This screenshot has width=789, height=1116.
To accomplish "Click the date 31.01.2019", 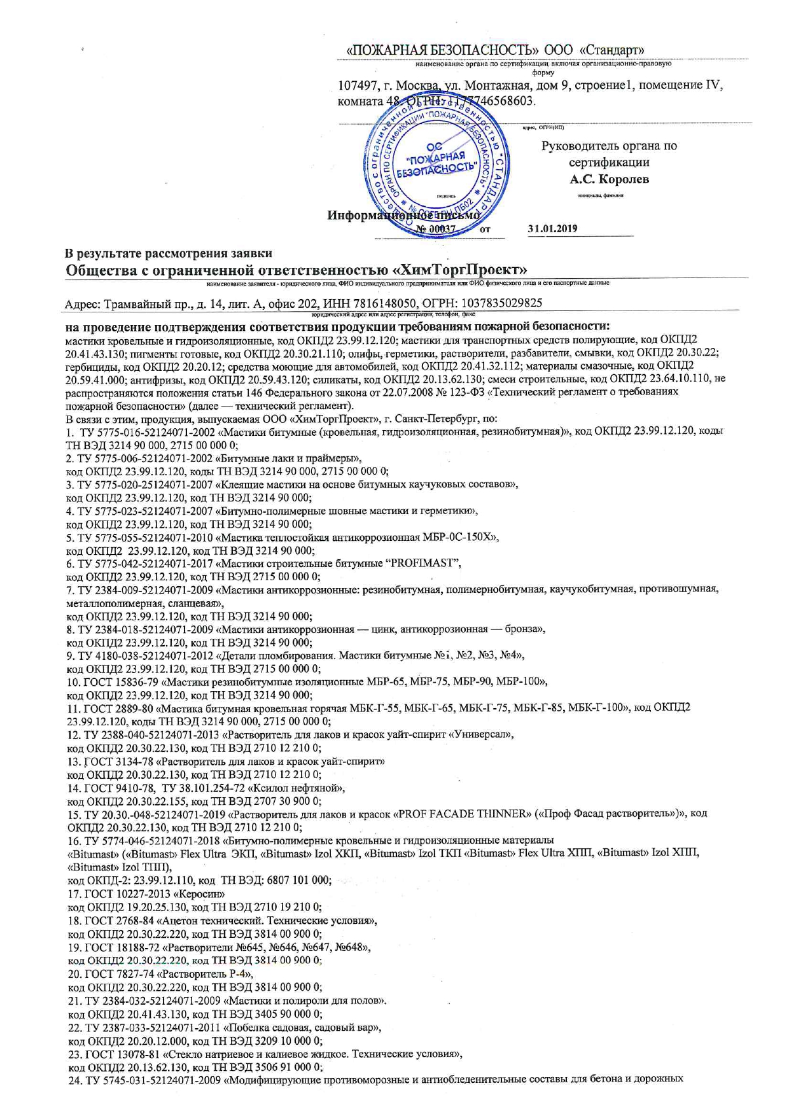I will coord(552,228).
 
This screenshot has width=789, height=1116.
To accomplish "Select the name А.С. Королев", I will coord(609,179).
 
